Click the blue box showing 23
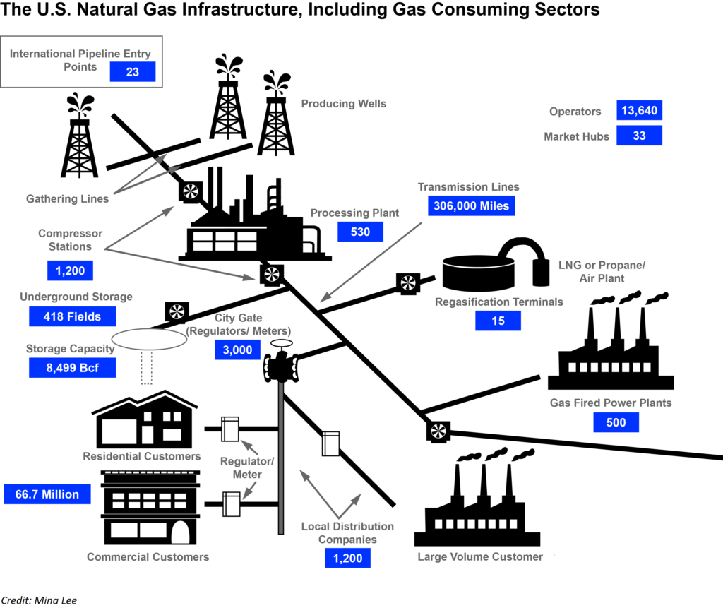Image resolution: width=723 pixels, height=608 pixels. [132, 71]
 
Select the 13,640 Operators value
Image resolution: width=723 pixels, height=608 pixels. [639, 111]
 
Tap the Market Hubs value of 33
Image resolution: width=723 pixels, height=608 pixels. [639, 136]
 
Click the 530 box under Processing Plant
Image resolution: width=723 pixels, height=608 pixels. [360, 232]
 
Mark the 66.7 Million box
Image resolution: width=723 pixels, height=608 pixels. [47, 494]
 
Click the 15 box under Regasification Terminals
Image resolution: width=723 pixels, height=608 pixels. [498, 321]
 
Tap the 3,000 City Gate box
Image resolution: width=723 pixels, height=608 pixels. [237, 349]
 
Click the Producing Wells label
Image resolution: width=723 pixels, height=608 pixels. [344, 104]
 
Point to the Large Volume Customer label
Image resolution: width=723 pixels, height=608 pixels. [480, 556]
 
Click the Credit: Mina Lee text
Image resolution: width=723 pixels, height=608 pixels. [39, 600]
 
